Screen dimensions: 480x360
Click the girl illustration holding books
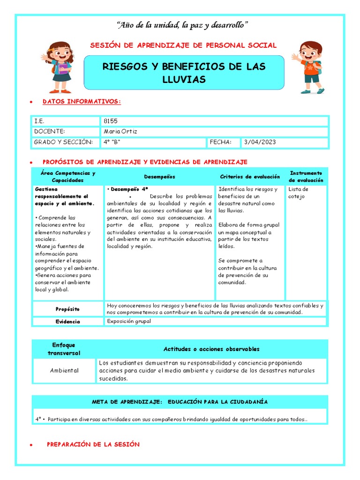click(x=58, y=67)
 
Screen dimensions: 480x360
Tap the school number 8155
click(x=111, y=121)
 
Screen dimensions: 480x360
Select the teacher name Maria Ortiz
click(x=120, y=132)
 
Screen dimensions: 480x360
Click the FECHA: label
click(x=220, y=142)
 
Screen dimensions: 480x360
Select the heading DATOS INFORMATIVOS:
click(x=82, y=101)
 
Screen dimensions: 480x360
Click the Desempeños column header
click(x=159, y=177)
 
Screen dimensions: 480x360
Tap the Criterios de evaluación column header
click(x=250, y=177)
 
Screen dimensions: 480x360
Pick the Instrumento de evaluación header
click(x=306, y=176)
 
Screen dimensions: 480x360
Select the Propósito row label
click(x=67, y=309)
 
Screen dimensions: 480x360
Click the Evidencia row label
click(x=67, y=322)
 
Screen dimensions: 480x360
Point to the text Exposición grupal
click(x=129, y=322)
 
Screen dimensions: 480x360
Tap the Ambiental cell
click(x=64, y=370)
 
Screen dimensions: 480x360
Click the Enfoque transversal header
click(x=64, y=349)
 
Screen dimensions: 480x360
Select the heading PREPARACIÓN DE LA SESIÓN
click(x=93, y=444)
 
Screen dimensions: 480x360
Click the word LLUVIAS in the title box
click(x=184, y=80)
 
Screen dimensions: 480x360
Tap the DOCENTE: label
click(x=49, y=132)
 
